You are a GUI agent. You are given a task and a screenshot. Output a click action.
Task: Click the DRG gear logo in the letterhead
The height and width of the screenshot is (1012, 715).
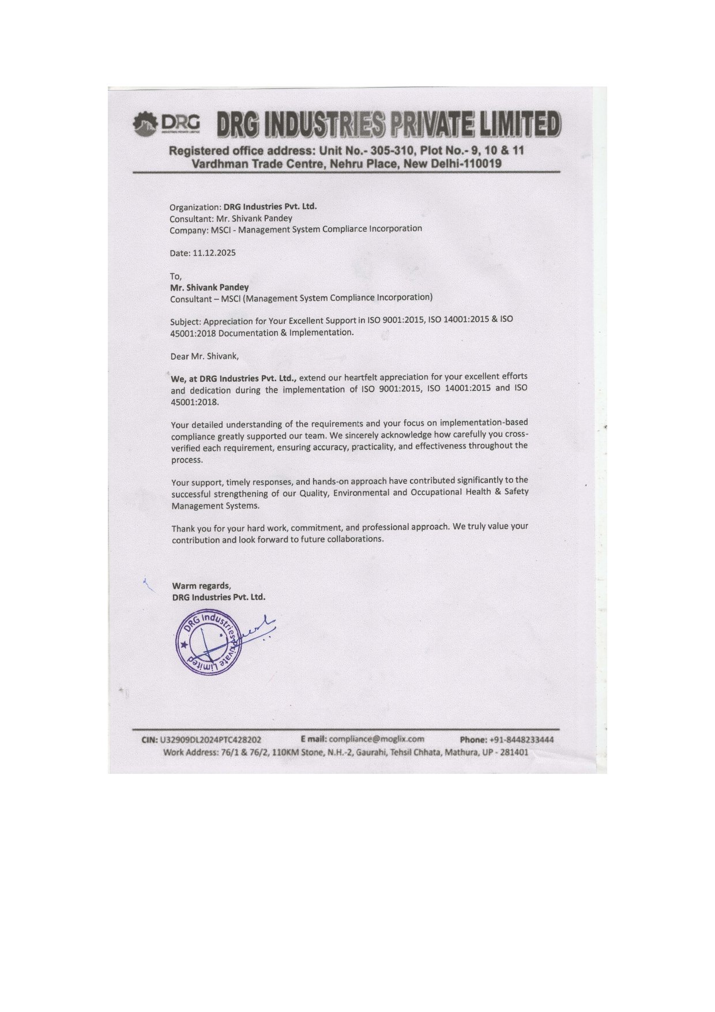[145, 125]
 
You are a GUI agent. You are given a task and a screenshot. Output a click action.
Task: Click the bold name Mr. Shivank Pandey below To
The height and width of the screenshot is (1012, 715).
[209, 287]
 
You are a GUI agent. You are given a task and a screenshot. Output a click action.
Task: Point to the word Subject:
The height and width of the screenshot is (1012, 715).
[185, 322]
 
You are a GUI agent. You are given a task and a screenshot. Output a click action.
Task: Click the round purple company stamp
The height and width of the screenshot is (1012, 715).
[209, 642]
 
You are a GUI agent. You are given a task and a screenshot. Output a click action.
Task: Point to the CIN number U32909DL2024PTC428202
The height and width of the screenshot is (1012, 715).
[210, 740]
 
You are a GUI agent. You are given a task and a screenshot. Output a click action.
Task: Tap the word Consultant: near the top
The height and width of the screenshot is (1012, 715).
[191, 219]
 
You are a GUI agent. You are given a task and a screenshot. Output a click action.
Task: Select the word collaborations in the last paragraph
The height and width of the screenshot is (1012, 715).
[355, 539]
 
